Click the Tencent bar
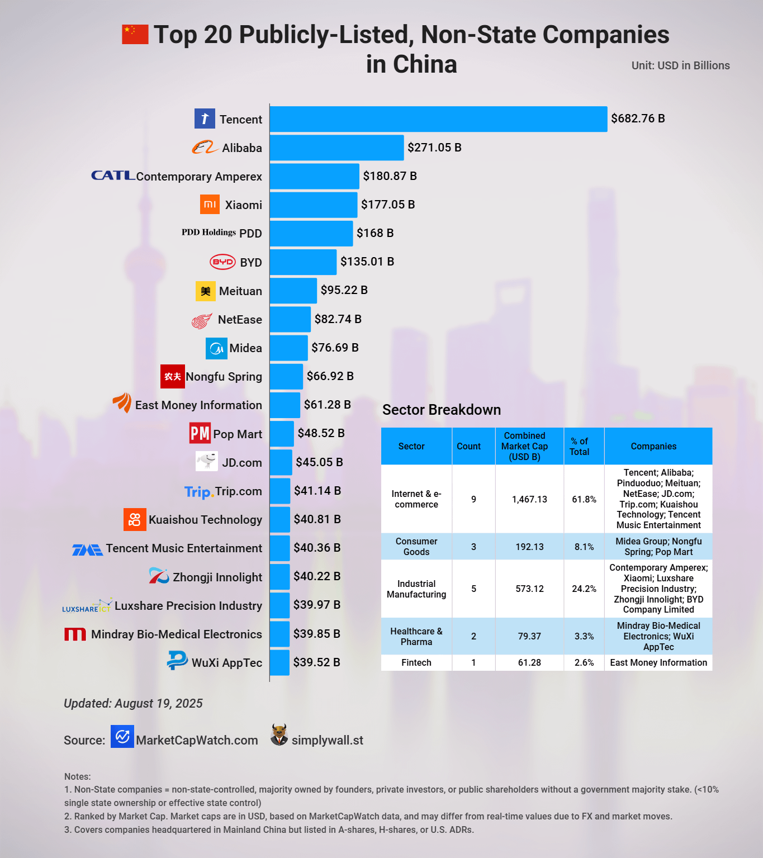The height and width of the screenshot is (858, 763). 438,119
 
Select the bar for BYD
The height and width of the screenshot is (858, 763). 304,262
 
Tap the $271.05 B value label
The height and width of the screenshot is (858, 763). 434,148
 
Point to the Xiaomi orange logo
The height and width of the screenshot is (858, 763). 210,205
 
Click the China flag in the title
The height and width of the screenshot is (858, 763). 135,34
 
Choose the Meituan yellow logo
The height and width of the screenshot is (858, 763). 206,291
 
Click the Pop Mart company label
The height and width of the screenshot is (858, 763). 238,434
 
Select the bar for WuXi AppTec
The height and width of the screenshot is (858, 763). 279,662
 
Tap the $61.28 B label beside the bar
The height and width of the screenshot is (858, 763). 327,405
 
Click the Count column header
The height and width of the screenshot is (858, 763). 468,447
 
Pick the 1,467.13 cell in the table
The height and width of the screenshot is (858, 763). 529,499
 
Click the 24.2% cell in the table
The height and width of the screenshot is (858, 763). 584,589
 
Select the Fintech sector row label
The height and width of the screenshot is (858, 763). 416,663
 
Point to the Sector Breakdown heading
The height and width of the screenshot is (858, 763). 442,410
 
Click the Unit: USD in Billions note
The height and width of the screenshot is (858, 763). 680,65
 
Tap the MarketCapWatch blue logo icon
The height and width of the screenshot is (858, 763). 122,737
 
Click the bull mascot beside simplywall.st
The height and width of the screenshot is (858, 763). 279,735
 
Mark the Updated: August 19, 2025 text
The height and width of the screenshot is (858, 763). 133,703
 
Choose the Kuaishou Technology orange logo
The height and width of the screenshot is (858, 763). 135,520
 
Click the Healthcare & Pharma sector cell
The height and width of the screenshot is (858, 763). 416,637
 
